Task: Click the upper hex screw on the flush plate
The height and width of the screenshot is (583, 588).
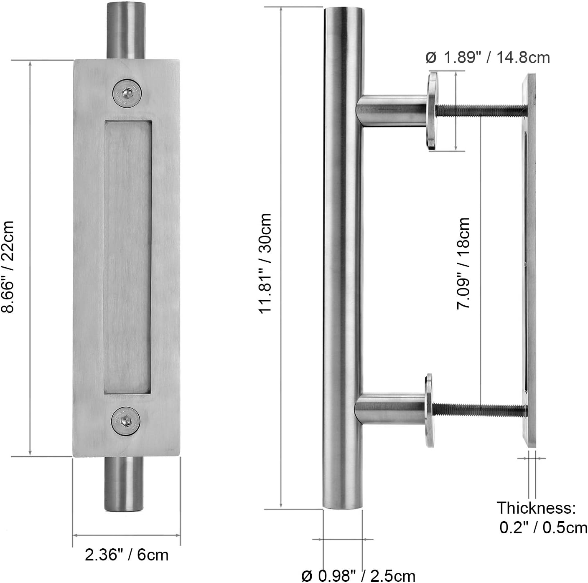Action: click(x=127, y=91)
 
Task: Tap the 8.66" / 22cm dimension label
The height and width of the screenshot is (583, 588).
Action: click(x=8, y=267)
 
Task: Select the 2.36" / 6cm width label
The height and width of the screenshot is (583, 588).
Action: click(x=127, y=555)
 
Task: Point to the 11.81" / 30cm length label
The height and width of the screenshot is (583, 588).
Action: click(x=265, y=264)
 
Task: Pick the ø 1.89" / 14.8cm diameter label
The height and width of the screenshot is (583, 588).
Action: click(x=488, y=57)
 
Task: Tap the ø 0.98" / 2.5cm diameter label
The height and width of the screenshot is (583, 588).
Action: click(x=359, y=575)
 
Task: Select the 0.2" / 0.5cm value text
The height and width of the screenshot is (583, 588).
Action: click(x=543, y=528)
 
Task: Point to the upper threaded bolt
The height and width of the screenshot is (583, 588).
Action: click(x=481, y=111)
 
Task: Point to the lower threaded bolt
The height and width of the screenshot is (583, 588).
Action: click(x=481, y=410)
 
